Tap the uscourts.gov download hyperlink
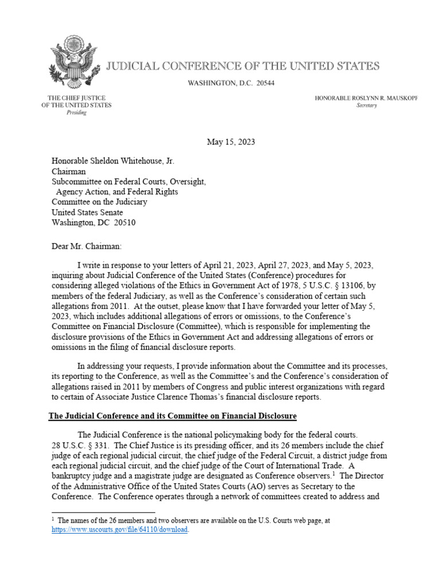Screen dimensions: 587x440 pyautogui.click(x=120, y=530)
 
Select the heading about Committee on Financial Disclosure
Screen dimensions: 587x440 pyautogui.click(x=172, y=415)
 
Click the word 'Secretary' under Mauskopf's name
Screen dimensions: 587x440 pyautogui.click(x=367, y=106)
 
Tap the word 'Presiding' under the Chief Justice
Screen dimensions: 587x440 pyautogui.click(x=76, y=113)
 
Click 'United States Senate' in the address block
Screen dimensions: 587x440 pyautogui.click(x=87, y=212)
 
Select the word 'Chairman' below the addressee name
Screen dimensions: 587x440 pyautogui.click(x=69, y=171)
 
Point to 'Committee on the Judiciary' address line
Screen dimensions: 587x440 pyautogui.click(x=99, y=202)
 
